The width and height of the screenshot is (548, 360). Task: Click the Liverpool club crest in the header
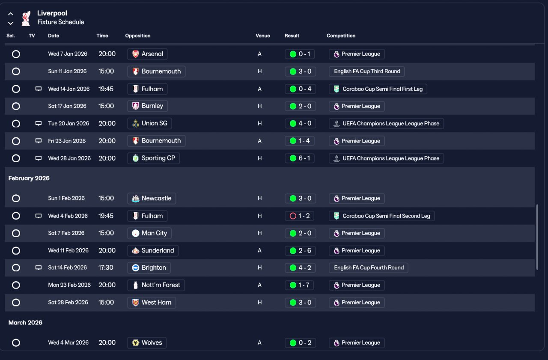coord(26,18)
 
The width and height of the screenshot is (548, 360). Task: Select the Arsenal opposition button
coord(147,54)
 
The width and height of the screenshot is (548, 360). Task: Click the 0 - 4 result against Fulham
coord(300,89)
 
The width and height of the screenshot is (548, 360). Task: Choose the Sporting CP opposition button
coord(154,158)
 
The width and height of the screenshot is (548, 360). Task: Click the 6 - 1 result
coord(300,158)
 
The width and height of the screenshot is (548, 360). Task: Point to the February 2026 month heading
coord(29,178)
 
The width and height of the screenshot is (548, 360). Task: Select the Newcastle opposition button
coord(152,198)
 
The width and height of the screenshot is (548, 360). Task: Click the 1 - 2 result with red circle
coord(300,216)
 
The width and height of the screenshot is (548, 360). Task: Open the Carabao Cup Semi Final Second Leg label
coord(382,216)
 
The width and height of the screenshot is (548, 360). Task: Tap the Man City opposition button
coord(149,233)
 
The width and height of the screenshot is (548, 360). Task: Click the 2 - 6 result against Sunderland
coord(300,250)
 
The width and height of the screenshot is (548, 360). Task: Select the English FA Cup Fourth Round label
coord(369,268)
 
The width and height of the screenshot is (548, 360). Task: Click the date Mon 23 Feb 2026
coord(69,285)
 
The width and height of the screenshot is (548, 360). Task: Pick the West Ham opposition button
coord(152,302)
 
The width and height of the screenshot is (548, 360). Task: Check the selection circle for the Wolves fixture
coord(16,342)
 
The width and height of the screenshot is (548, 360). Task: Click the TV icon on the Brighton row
coord(39,268)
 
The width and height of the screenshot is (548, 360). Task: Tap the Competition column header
coord(341,36)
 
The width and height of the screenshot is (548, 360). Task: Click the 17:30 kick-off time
coord(106,268)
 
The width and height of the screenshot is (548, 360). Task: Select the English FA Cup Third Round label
coord(367,71)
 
